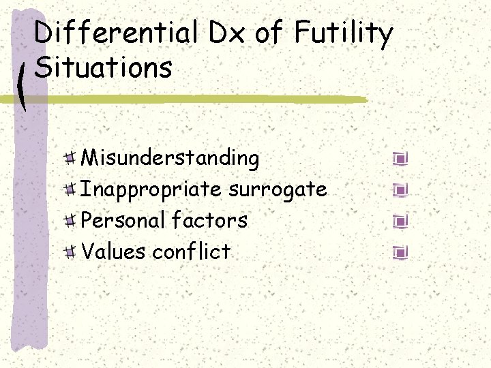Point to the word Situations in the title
tap(103, 67)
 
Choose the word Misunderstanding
tap(170, 159)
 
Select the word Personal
tap(123, 220)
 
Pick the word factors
tap(209, 220)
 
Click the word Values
tap(113, 251)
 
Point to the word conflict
tap(192, 251)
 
